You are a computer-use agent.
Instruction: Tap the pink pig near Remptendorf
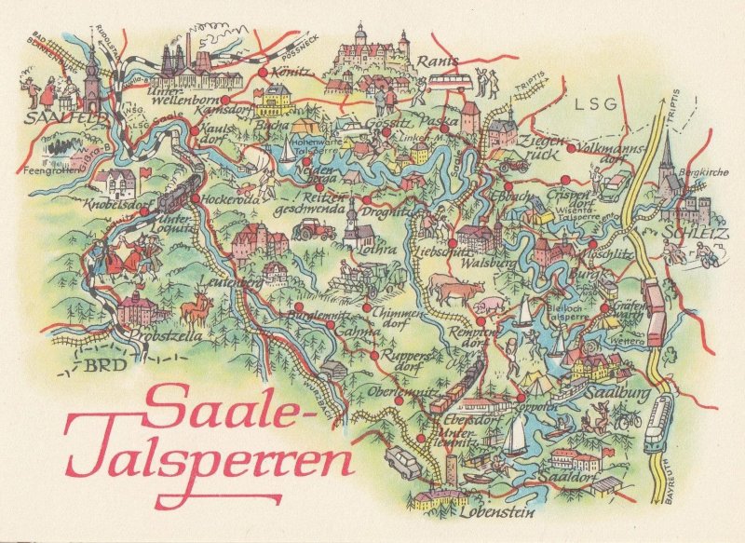click(486, 307)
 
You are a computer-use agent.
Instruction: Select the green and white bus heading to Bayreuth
click(659, 423)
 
